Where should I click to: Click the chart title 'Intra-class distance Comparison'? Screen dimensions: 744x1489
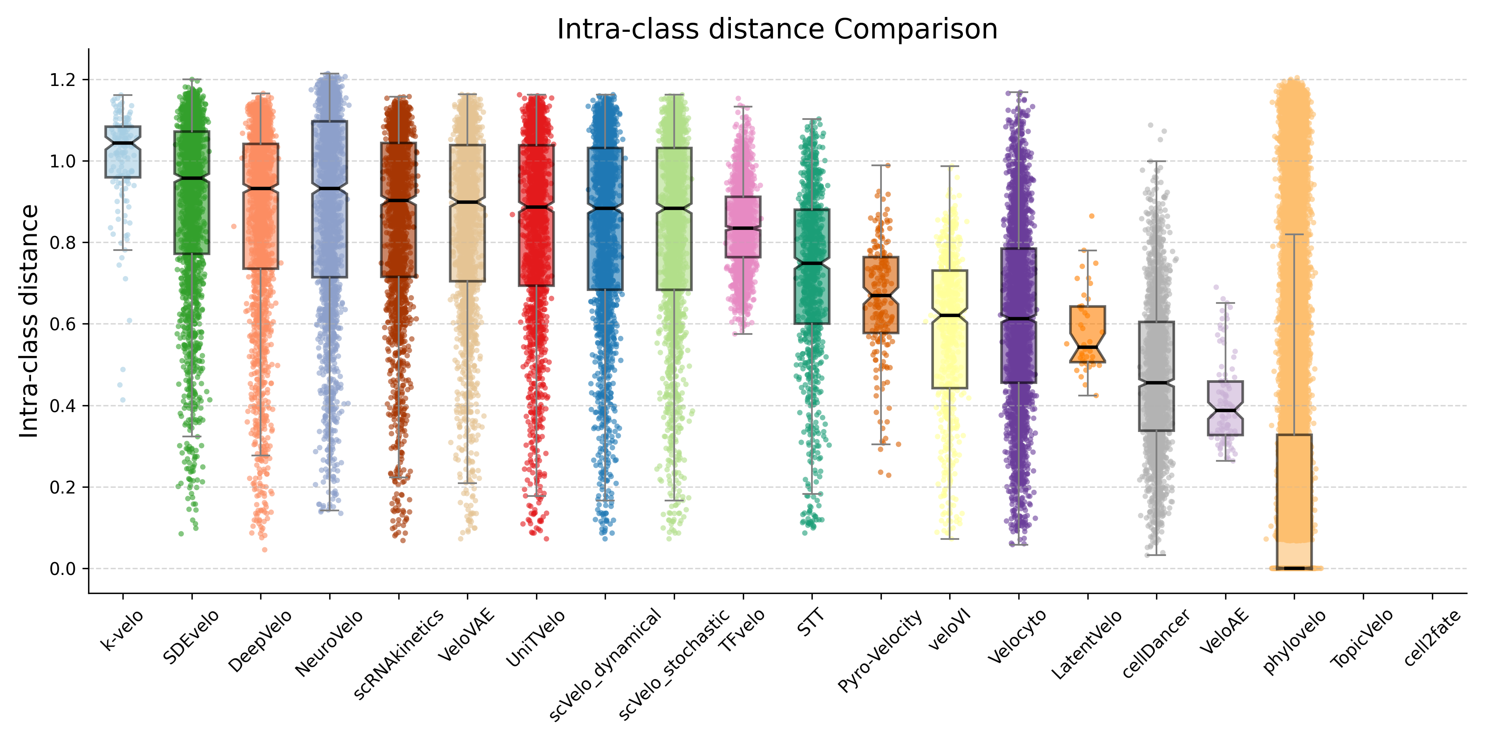tap(777, 29)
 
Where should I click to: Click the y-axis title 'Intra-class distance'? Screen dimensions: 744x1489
tap(29, 321)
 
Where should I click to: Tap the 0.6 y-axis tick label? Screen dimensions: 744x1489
tap(62, 324)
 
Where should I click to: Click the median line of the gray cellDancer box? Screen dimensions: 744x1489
tap(1156, 383)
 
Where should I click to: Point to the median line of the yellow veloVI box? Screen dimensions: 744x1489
tap(950, 315)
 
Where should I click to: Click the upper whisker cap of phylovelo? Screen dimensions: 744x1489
tap(1294, 234)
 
